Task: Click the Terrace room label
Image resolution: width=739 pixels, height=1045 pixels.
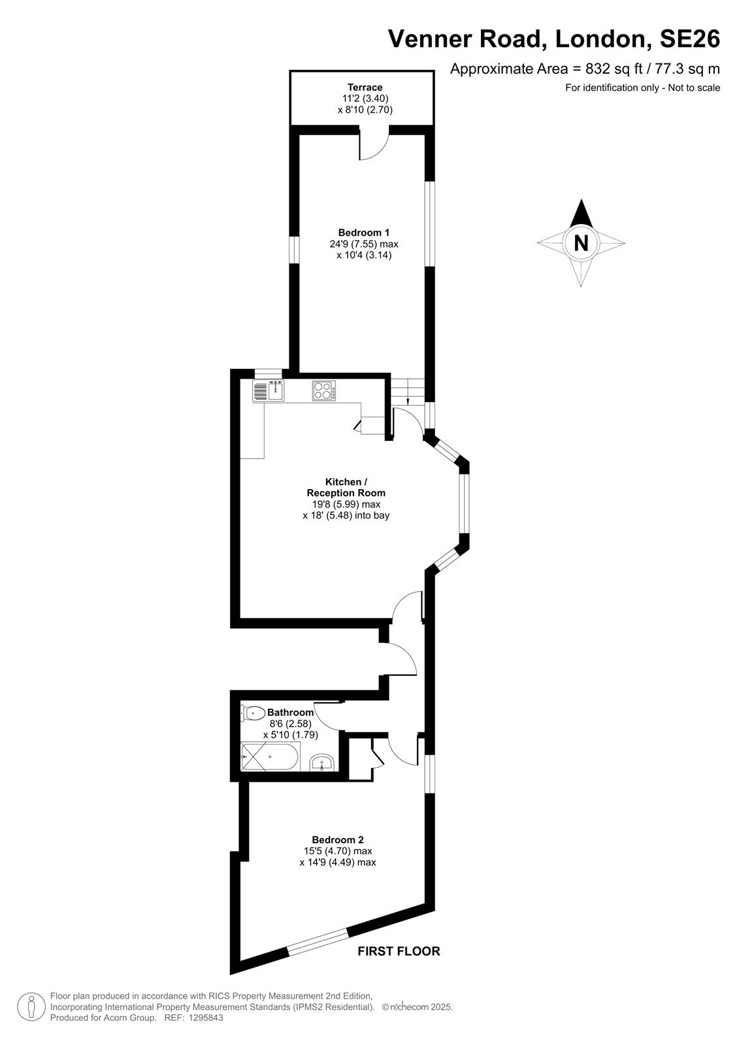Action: coord(365,88)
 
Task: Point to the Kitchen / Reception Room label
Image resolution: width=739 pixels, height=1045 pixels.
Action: coord(346,487)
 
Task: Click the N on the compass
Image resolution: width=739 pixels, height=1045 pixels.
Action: coord(581,243)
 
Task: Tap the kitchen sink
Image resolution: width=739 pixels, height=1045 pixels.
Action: coord(269,391)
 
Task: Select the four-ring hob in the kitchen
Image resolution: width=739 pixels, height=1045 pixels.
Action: coord(324,391)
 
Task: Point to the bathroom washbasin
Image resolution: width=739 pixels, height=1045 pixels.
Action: coord(321,762)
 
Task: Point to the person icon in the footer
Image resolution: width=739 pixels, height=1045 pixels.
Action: coord(31,1007)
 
